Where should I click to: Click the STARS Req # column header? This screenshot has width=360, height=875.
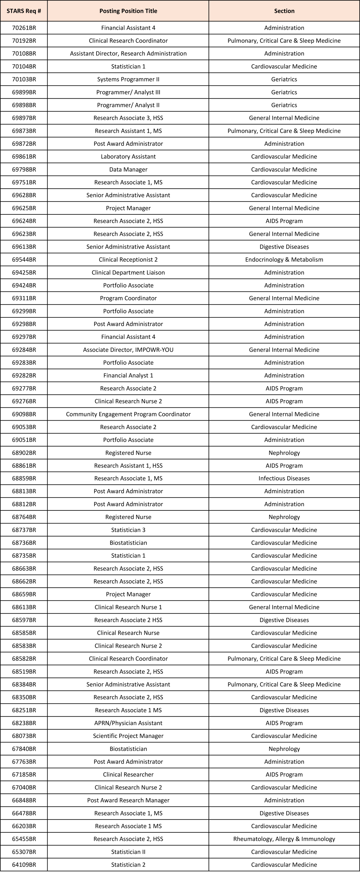pyautogui.click(x=24, y=11)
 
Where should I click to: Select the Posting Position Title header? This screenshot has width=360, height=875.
pyautogui.click(x=128, y=11)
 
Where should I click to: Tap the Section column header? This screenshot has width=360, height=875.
pyautogui.click(x=284, y=11)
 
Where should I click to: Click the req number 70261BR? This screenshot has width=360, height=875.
pyautogui.click(x=24, y=28)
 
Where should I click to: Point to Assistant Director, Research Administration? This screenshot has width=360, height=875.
pyautogui.click(x=128, y=54)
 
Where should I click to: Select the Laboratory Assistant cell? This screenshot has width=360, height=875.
pyautogui.click(x=128, y=157)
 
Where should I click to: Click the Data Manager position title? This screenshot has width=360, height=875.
pyautogui.click(x=128, y=169)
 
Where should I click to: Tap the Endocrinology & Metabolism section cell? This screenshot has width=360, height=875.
pyautogui.click(x=284, y=260)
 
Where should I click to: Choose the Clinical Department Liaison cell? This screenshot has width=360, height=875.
pyautogui.click(x=128, y=272)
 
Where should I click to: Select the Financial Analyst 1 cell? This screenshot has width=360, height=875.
pyautogui.click(x=128, y=375)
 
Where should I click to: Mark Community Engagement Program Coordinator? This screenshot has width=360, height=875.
pyautogui.click(x=128, y=414)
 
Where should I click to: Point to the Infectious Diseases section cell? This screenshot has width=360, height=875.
pyautogui.click(x=284, y=479)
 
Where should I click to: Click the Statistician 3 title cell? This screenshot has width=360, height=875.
pyautogui.click(x=128, y=530)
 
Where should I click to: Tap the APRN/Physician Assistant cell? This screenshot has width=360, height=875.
pyautogui.click(x=128, y=723)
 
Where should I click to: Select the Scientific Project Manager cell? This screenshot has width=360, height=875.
pyautogui.click(x=128, y=736)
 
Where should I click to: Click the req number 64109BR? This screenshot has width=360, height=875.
pyautogui.click(x=24, y=865)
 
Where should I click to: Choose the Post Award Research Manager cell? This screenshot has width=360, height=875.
pyautogui.click(x=128, y=800)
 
